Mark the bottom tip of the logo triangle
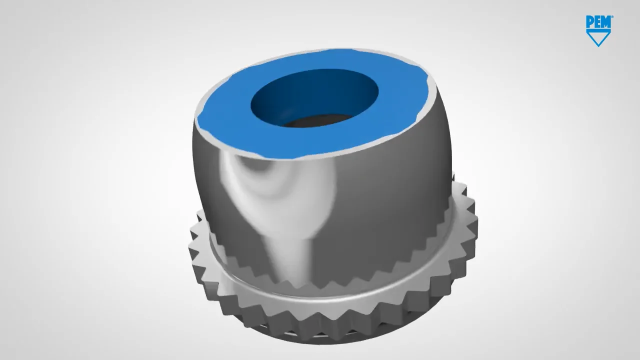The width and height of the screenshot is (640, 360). pyautogui.click(x=598, y=45)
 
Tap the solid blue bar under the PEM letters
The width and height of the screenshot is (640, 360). pyautogui.click(x=598, y=29)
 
